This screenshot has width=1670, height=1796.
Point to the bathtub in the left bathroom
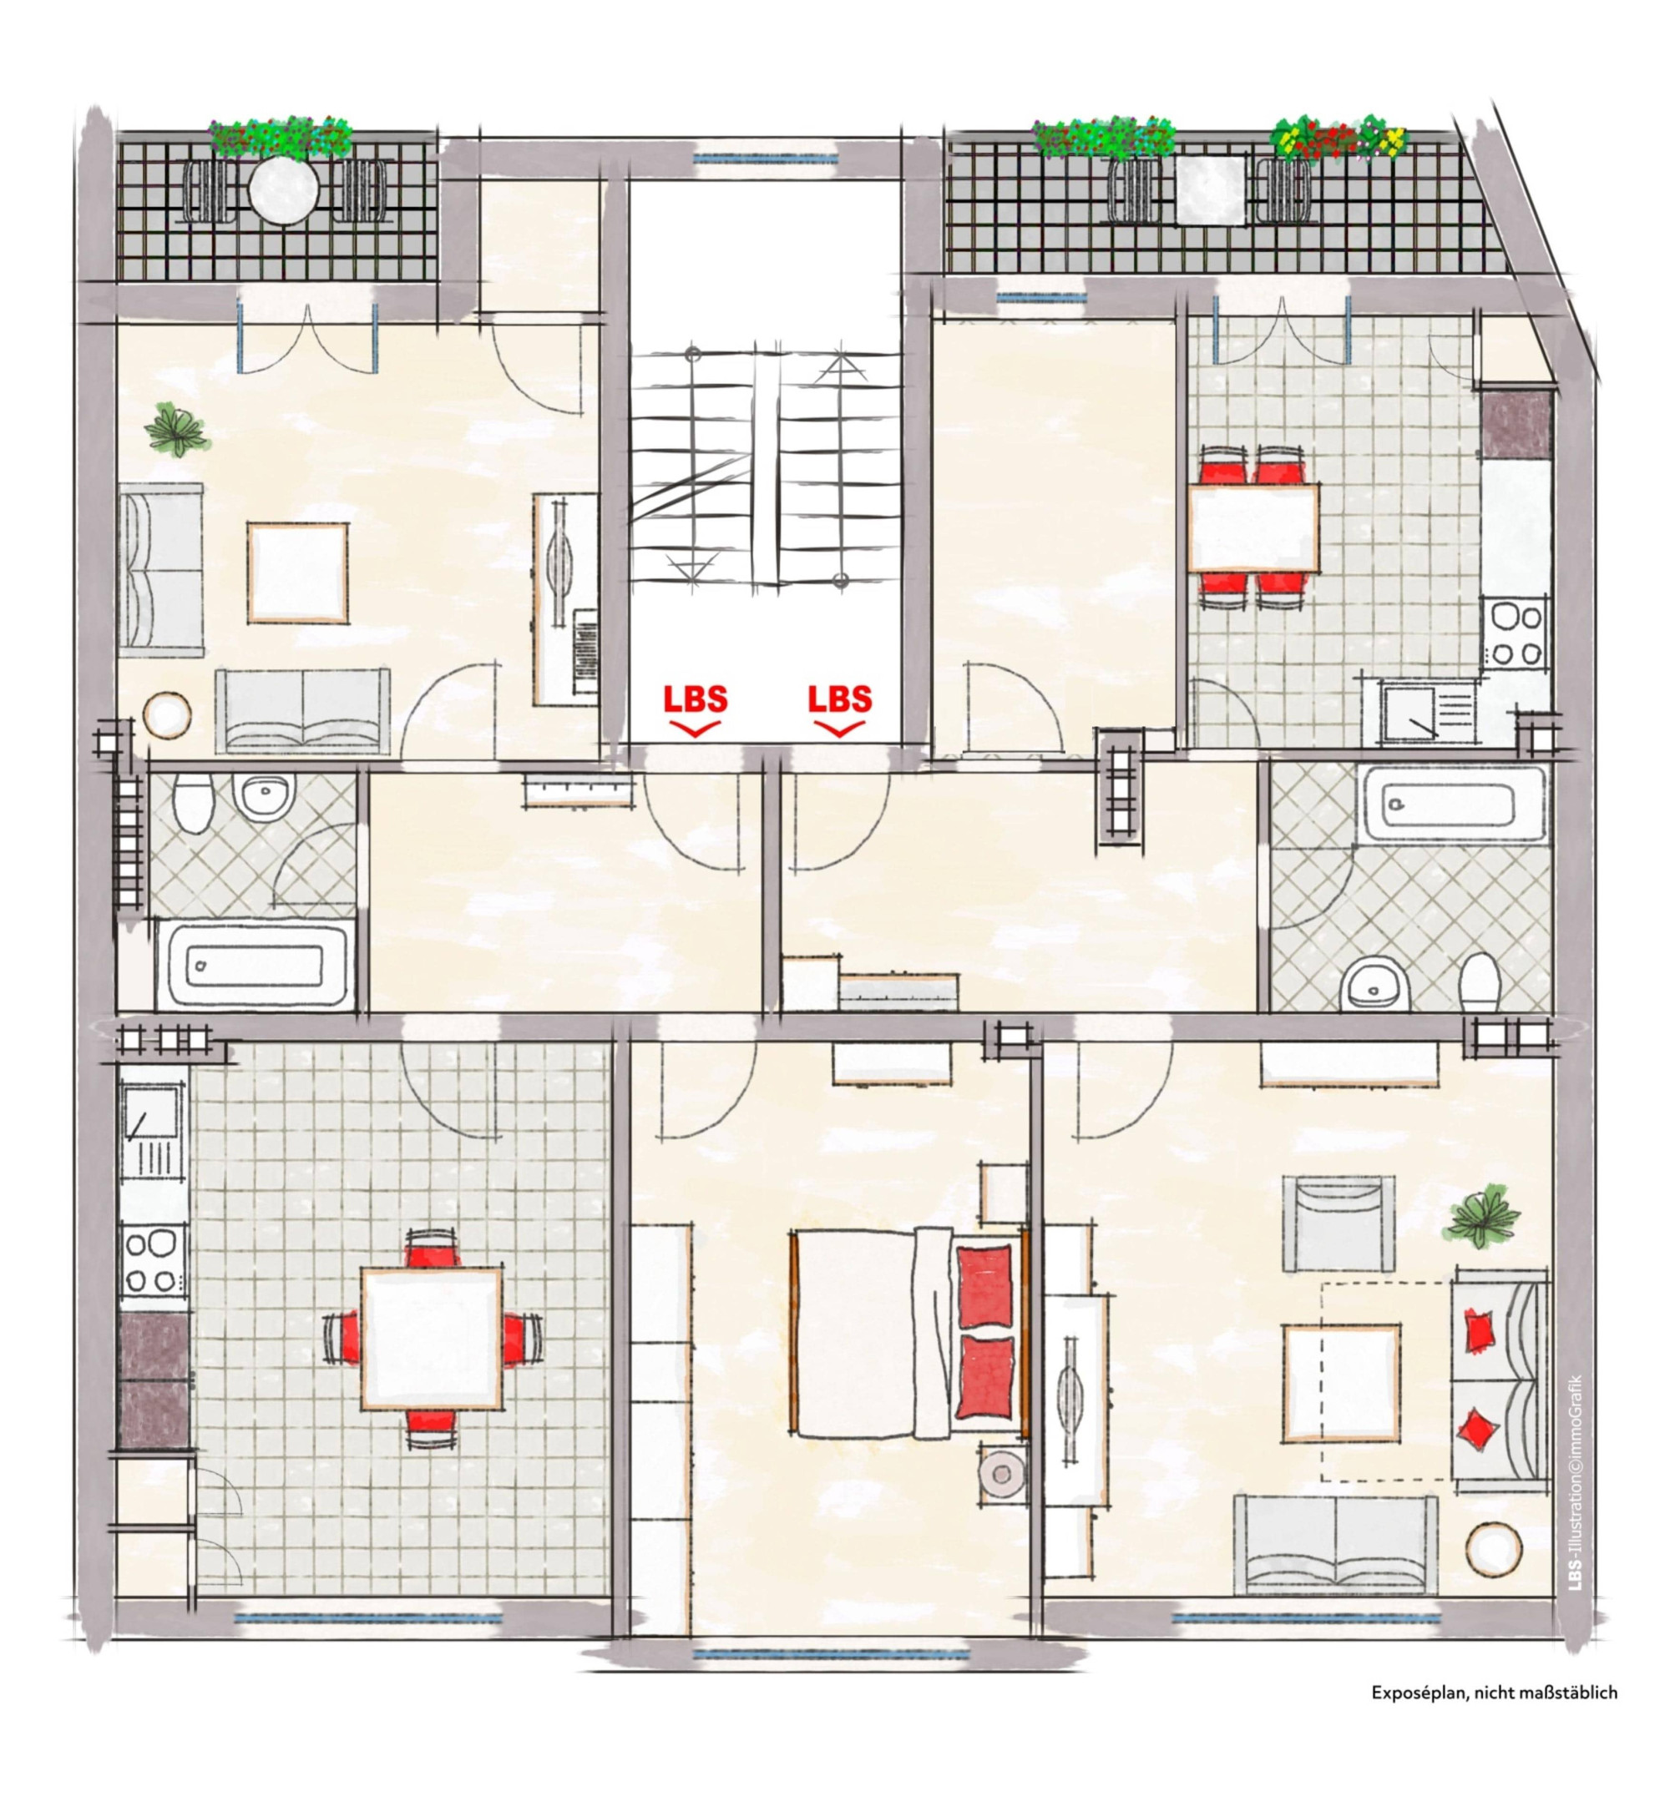pyautogui.click(x=255, y=964)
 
